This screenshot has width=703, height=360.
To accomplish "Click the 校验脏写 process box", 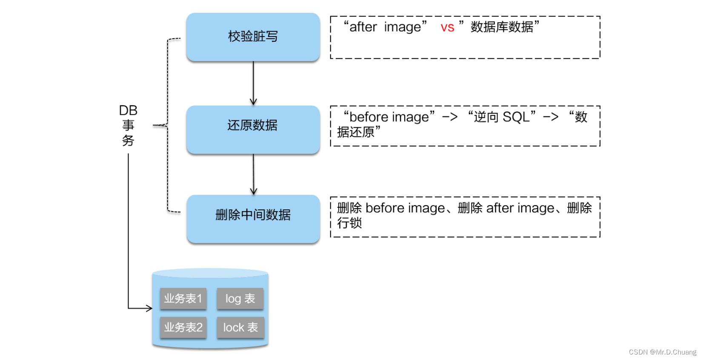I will pyautogui.click(x=253, y=37).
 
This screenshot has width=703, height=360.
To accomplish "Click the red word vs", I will pyautogui.click(x=447, y=28).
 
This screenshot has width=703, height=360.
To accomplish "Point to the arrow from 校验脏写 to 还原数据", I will pyautogui.click(x=253, y=83).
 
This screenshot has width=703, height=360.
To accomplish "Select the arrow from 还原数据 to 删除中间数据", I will pyautogui.click(x=253, y=174).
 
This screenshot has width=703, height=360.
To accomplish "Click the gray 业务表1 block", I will pyautogui.click(x=183, y=299).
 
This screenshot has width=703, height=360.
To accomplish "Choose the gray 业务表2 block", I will pyautogui.click(x=183, y=327).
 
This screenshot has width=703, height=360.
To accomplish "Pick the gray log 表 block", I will pyautogui.click(x=240, y=299).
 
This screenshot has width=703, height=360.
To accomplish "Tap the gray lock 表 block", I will pyautogui.click(x=240, y=327).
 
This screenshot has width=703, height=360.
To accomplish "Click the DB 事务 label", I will pyautogui.click(x=128, y=126).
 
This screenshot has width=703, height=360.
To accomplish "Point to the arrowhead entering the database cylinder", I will pyautogui.click(x=149, y=308).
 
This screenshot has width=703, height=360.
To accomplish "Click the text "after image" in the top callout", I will pyautogui.click(x=385, y=27).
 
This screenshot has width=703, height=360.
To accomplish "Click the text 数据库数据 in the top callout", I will pyautogui.click(x=502, y=27).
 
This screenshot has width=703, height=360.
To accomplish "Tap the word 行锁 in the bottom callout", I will pyautogui.click(x=349, y=223).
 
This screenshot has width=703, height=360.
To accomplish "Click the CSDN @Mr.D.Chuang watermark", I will pyautogui.click(x=662, y=352).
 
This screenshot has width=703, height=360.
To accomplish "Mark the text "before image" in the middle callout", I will pyautogui.click(x=389, y=117).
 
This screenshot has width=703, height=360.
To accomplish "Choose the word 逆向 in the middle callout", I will pyautogui.click(x=486, y=117).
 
